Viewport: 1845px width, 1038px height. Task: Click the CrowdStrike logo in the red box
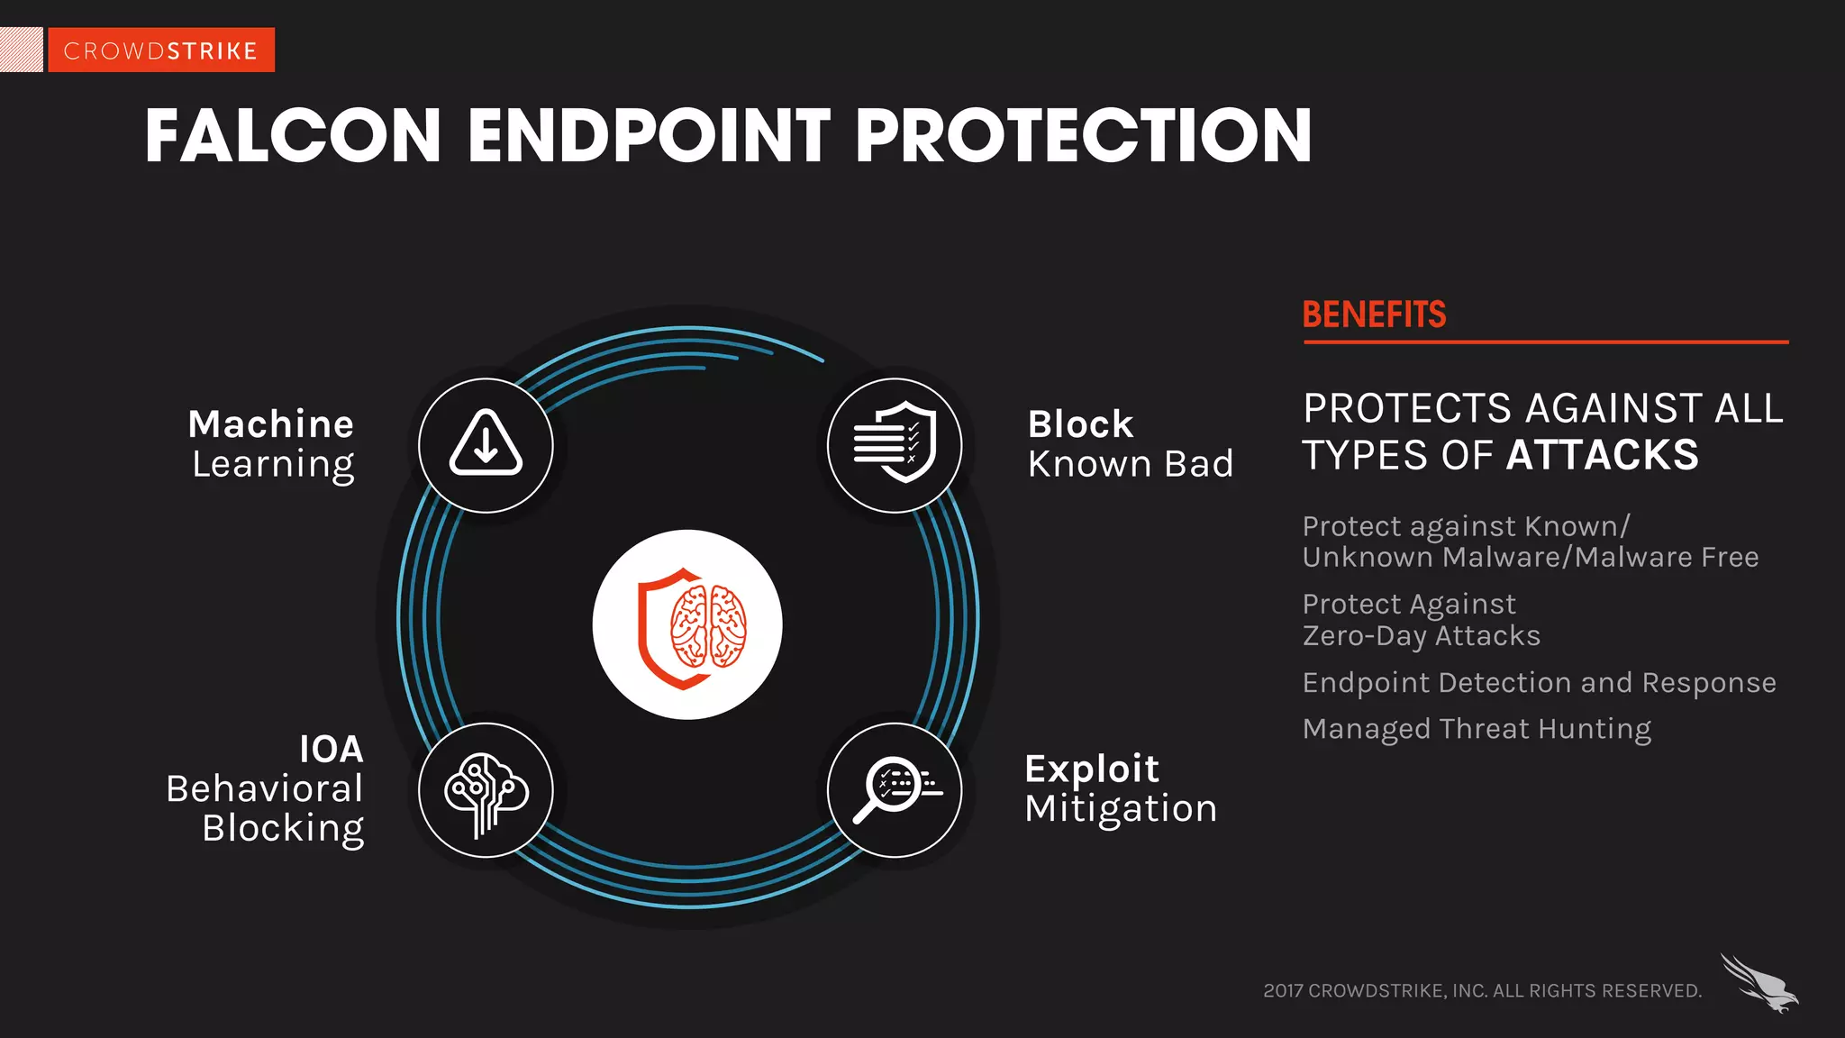pyautogui.click(x=160, y=50)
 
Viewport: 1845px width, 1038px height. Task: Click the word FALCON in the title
pyautogui.click(x=293, y=136)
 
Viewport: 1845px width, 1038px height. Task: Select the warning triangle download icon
pyautogui.click(x=486, y=445)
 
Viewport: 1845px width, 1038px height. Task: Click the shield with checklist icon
pyautogui.click(x=895, y=444)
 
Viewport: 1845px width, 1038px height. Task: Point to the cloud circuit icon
pyautogui.click(x=486, y=791)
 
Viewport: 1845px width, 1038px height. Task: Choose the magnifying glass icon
pyautogui.click(x=895, y=790)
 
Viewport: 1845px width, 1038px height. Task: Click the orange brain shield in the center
pyautogui.click(x=687, y=625)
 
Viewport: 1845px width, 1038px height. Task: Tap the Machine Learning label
pyautogui.click(x=272, y=443)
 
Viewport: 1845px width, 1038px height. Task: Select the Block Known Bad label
pyautogui.click(x=1130, y=443)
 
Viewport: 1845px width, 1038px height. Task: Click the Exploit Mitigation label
pyautogui.click(x=1121, y=788)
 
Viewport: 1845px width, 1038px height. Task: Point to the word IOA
pyautogui.click(x=332, y=749)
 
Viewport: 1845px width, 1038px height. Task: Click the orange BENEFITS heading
pyautogui.click(x=1374, y=314)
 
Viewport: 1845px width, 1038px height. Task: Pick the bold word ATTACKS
pyautogui.click(x=1603, y=455)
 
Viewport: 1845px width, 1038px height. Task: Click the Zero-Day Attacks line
pyautogui.click(x=1422, y=636)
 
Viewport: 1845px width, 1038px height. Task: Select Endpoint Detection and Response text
pyautogui.click(x=1539, y=683)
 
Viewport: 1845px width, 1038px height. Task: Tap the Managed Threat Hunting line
pyautogui.click(x=1477, y=728)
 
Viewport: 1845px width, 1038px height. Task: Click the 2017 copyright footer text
pyautogui.click(x=1482, y=990)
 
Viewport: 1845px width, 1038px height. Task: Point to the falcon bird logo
pyautogui.click(x=1759, y=983)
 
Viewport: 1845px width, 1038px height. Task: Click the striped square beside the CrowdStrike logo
pyautogui.click(x=21, y=50)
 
